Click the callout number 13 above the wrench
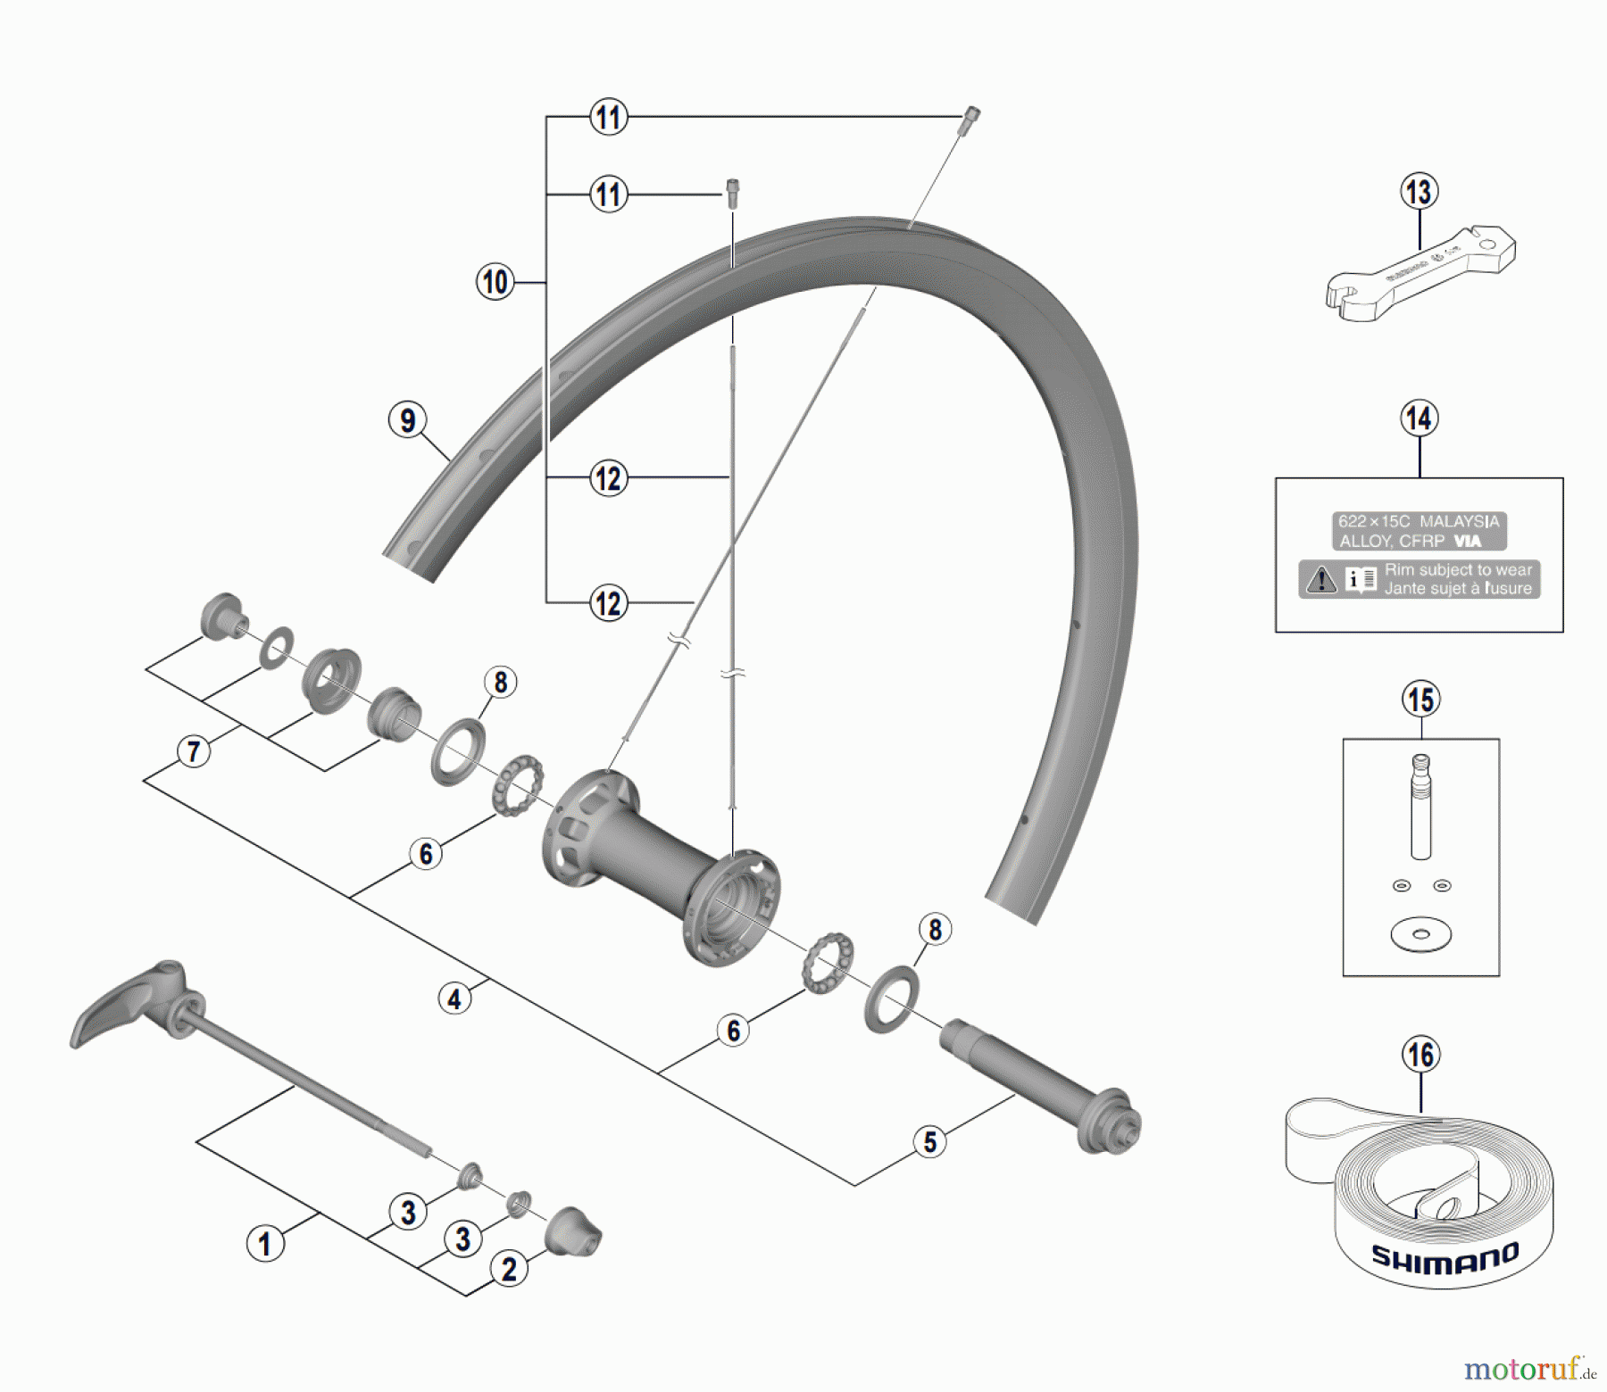click(1419, 192)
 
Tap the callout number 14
click(1420, 418)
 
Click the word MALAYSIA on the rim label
click(1460, 521)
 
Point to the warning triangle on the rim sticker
click(1320, 580)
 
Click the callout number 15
click(1421, 700)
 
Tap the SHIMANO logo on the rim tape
click(1445, 1257)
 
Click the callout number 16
click(1421, 1055)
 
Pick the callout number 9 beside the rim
click(407, 420)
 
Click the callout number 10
click(495, 283)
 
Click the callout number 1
click(264, 1244)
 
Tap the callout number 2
click(509, 1269)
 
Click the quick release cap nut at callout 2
click(573, 1232)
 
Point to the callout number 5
click(930, 1142)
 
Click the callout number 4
click(454, 998)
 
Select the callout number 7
click(194, 751)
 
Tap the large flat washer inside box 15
click(1420, 934)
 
